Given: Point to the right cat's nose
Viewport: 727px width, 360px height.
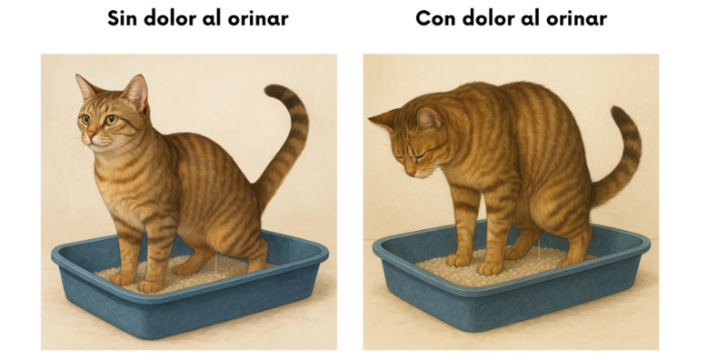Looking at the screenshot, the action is click(411, 174).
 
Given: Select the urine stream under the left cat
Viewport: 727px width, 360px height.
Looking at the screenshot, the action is click(216, 262).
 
